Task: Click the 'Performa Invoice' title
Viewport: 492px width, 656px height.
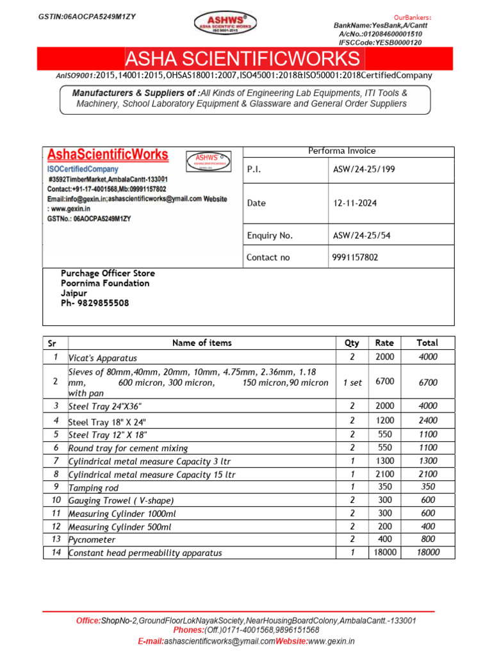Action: tap(342, 151)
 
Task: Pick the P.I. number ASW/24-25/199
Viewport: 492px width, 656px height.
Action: tap(362, 170)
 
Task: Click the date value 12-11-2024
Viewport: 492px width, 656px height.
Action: tap(355, 203)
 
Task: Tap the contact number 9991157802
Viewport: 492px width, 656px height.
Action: tap(356, 258)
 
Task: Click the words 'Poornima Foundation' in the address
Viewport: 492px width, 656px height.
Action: tap(105, 283)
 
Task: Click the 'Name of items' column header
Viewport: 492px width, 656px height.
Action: tap(202, 343)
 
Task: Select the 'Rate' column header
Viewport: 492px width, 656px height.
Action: tap(384, 343)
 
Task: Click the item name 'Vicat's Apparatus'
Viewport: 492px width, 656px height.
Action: tap(102, 358)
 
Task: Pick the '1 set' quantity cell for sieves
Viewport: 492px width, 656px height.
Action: tap(352, 382)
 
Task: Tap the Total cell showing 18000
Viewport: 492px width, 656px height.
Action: tap(427, 552)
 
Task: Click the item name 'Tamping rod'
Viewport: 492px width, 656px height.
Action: tap(94, 488)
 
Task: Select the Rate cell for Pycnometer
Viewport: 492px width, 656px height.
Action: tap(384, 539)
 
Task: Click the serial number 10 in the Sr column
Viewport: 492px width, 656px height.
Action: tap(56, 500)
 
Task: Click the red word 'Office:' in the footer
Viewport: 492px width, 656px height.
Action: tap(88, 621)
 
